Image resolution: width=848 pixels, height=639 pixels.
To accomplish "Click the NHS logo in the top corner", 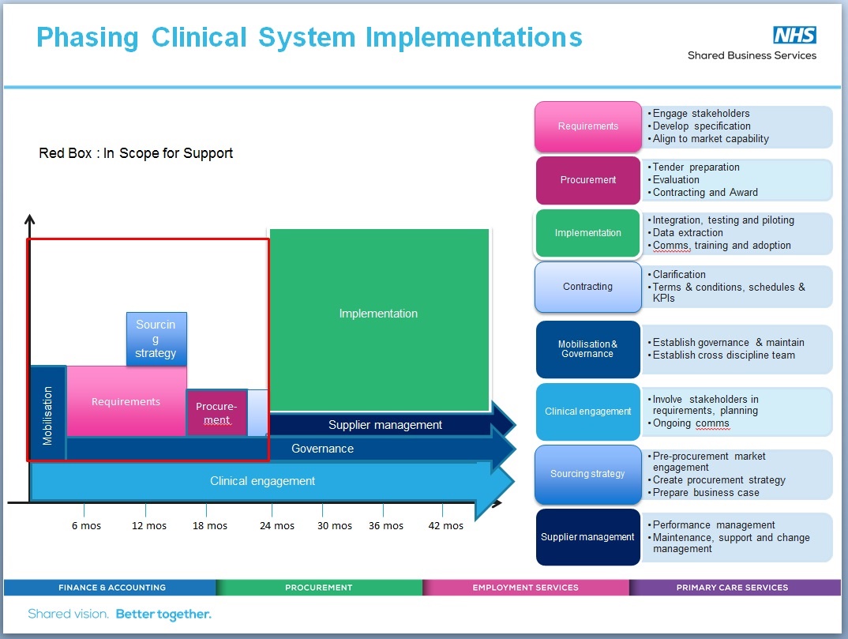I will pos(794,35).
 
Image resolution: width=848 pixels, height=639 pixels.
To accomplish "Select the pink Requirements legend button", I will pos(588,126).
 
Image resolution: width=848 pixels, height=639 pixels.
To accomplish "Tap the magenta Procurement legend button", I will pos(588,180).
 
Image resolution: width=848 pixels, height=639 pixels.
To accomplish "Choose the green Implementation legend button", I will pos(588,233).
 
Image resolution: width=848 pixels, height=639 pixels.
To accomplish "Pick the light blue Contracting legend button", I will pos(588,287).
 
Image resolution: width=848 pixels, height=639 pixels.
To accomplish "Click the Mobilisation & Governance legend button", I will pos(588,348).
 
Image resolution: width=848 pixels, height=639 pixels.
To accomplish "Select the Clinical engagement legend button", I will pos(588,412).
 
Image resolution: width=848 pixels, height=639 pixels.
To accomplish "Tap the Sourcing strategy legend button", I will pos(588,474).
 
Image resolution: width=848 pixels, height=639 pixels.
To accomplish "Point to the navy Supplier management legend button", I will pos(588,537).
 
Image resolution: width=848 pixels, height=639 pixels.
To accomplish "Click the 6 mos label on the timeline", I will pos(86,526).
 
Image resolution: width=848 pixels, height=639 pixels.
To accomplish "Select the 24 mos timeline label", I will pos(277,526).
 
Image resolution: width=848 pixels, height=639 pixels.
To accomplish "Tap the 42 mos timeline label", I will pos(445,526).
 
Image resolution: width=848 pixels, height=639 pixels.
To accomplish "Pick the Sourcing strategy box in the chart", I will pos(156,339).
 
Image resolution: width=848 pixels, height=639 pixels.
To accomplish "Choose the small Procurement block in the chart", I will pos(216,412).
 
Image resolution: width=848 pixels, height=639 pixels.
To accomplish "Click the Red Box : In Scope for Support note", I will pos(136,153).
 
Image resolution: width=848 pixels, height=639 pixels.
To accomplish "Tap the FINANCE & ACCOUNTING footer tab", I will pos(111,588).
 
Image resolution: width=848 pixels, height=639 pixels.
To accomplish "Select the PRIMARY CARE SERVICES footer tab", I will pos(732,588).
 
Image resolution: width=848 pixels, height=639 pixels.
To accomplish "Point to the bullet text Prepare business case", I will pos(706,493).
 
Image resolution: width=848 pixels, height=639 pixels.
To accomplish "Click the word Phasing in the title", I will pos(88,37).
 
